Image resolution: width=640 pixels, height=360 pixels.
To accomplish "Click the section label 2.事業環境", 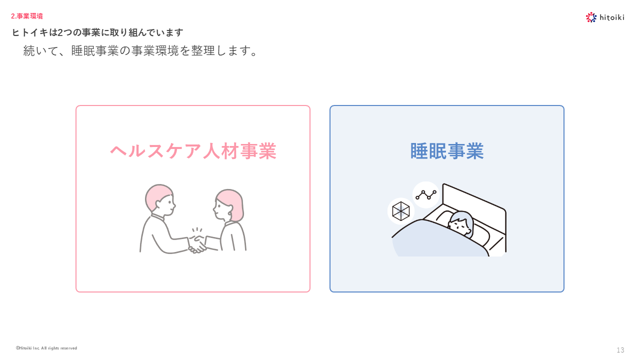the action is [27, 16].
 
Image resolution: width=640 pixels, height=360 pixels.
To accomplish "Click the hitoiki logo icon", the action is [591, 17].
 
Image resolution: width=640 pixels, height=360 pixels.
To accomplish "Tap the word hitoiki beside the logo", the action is [611, 17].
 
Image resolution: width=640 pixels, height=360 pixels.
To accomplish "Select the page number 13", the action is [620, 350].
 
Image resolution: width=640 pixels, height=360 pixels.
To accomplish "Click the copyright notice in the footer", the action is [46, 348].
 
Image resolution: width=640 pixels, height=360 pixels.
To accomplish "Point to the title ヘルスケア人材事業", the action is [193, 151].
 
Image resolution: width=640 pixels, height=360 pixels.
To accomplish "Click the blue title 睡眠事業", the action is [447, 151].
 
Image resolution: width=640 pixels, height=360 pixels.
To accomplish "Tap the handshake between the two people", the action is [197, 244].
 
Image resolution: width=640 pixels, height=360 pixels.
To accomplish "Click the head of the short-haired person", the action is [160, 199].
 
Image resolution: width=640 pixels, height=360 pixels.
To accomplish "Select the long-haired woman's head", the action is [228, 205].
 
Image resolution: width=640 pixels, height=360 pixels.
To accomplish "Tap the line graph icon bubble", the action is [425, 195].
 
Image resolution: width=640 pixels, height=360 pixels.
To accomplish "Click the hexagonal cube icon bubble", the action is [400, 211].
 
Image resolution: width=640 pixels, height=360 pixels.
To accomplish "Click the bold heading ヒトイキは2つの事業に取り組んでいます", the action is [97, 32].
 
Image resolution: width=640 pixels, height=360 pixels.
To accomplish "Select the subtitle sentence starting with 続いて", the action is [140, 51].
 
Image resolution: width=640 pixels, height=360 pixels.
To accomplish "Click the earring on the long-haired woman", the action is [229, 214].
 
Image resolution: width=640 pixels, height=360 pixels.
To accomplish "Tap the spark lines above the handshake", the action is [197, 230].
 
